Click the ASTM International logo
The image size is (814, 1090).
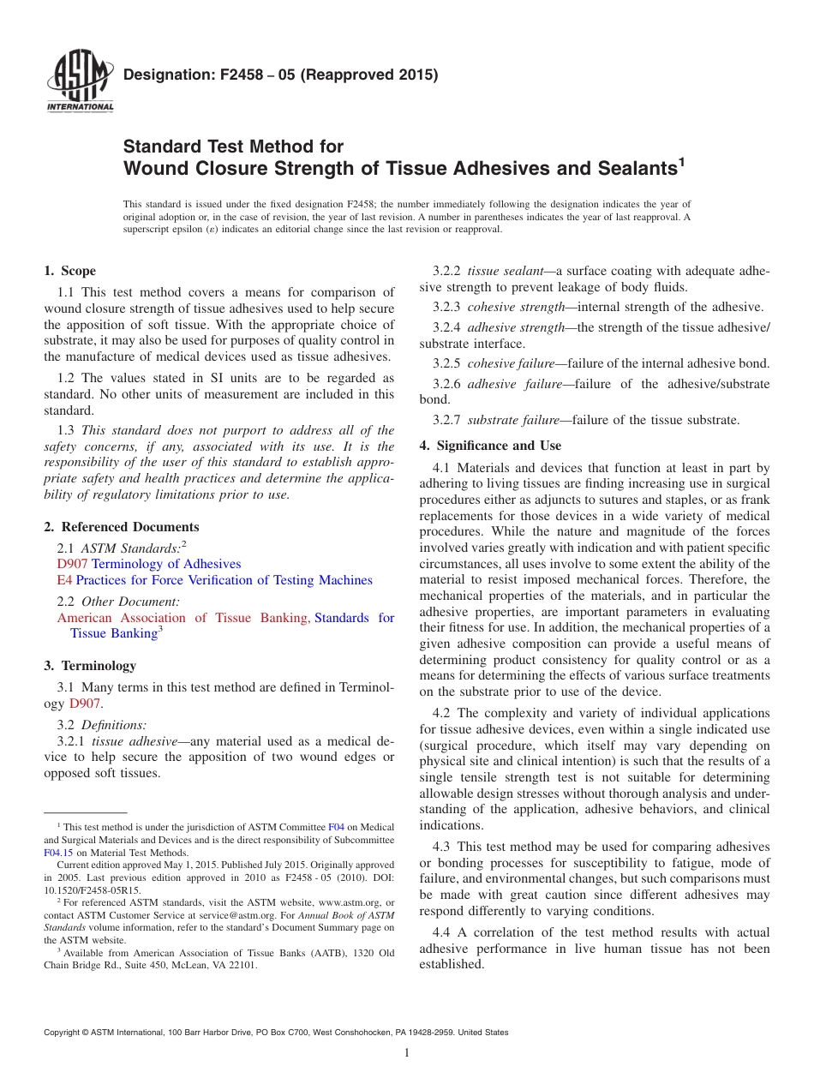[x=80, y=82]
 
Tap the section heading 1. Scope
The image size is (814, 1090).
[x=69, y=271]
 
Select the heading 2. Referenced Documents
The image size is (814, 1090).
[x=121, y=527]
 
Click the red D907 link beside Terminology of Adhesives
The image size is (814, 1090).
[x=72, y=564]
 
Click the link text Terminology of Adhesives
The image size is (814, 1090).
[x=166, y=564]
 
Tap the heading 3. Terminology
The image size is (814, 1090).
[x=90, y=666]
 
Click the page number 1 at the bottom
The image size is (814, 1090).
[x=407, y=1052]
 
